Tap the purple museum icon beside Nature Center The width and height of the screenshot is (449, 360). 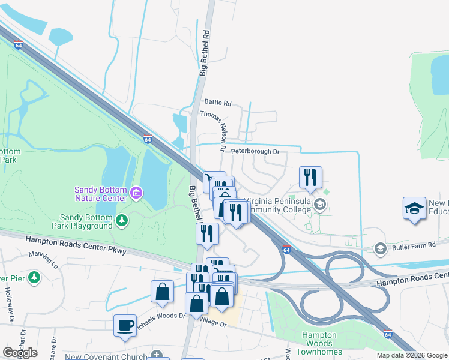point(136,193)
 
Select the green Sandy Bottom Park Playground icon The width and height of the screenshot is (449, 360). point(122,221)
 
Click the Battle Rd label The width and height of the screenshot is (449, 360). point(217,103)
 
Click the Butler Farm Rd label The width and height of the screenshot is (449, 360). point(419,247)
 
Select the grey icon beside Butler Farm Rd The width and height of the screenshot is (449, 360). point(379,248)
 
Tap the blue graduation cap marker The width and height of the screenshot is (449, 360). point(414,208)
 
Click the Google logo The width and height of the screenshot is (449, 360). point(20,353)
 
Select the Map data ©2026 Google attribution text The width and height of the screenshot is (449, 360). point(412,355)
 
